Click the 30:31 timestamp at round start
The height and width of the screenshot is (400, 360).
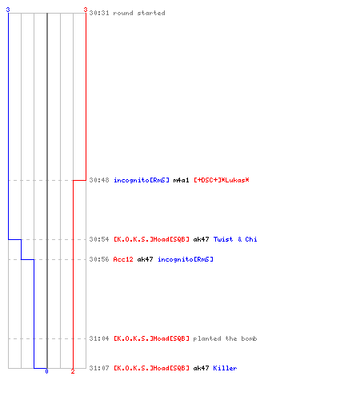pyautogui.click(x=99, y=13)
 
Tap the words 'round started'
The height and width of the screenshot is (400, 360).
pyautogui.click(x=139, y=13)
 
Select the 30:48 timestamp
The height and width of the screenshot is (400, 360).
pyautogui.click(x=99, y=180)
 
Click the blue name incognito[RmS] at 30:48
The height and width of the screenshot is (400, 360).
pyautogui.click(x=142, y=180)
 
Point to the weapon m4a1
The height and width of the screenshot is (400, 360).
pyautogui.click(x=181, y=180)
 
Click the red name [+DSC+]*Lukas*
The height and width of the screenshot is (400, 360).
pyautogui.click(x=222, y=180)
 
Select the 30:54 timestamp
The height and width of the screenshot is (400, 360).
pyautogui.click(x=99, y=239)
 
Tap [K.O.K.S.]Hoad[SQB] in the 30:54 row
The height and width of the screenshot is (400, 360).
pyautogui.click(x=151, y=239)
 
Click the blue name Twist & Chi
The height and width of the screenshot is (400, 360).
pyautogui.click(x=235, y=239)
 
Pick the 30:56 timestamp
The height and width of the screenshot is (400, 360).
pyautogui.click(x=99, y=259)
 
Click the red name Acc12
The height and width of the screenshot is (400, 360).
pyautogui.click(x=123, y=259)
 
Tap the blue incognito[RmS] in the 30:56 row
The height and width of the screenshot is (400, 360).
pyautogui.click(x=186, y=259)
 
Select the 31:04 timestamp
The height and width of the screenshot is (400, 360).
pyautogui.click(x=99, y=338)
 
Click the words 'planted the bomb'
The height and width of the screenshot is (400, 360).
pyautogui.click(x=225, y=338)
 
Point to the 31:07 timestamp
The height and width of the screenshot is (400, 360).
pyautogui.click(x=99, y=368)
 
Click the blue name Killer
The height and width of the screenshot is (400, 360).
pyautogui.click(x=225, y=368)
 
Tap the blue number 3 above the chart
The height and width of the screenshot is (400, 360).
pyautogui.click(x=8, y=10)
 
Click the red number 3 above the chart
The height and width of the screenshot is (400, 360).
pyautogui.click(x=86, y=10)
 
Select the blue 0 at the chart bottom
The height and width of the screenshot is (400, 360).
pyautogui.click(x=46, y=371)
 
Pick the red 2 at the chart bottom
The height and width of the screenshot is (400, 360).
pyautogui.click(x=73, y=371)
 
